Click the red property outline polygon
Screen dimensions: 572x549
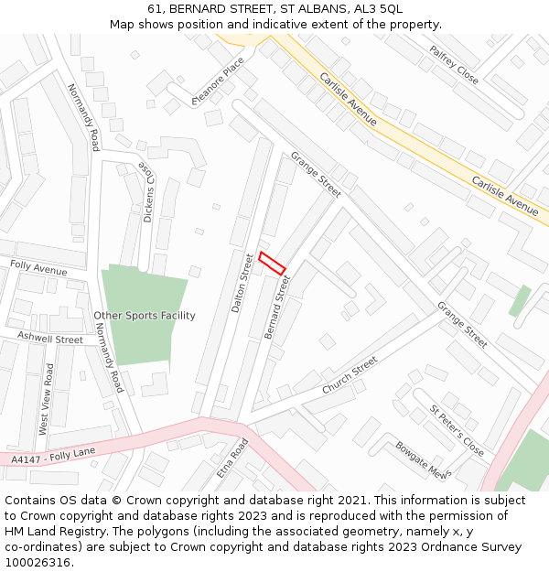coord(272,263)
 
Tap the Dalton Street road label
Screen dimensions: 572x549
coord(242,283)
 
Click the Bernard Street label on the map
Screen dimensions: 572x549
coord(276,307)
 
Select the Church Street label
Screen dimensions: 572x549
coord(350,375)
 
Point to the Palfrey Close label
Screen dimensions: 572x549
coord(454,64)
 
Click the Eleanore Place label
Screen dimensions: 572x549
coord(218,81)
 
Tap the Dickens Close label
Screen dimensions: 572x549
coord(147,192)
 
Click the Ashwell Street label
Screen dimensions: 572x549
coord(43,338)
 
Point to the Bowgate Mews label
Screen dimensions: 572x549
coord(422,460)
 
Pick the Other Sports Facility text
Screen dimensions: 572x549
coord(145,316)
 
